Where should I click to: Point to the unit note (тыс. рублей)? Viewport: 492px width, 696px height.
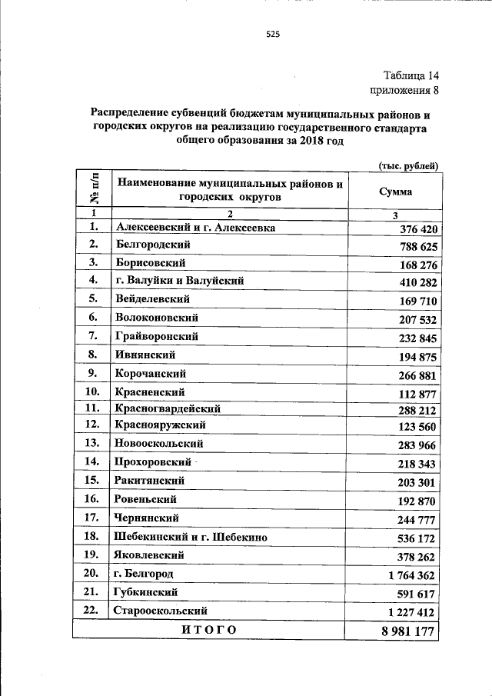[x=408, y=165]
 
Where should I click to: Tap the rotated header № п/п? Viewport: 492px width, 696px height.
[x=93, y=189]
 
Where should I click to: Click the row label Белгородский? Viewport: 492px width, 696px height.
[x=153, y=245]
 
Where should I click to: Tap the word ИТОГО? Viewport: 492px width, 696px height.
[x=209, y=630]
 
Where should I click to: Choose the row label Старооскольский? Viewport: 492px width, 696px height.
[x=161, y=611]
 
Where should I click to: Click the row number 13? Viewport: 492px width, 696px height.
[x=93, y=444]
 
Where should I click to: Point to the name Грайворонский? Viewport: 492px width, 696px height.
[x=157, y=336]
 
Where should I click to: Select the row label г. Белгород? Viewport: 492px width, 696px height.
[x=145, y=574]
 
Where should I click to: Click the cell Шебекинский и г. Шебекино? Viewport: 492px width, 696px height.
[x=191, y=538]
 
